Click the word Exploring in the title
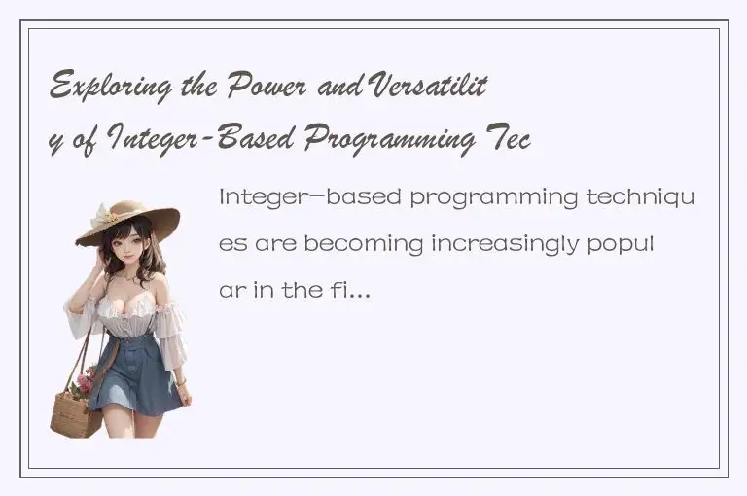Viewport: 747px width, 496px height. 107,89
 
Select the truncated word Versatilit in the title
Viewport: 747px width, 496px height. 438,89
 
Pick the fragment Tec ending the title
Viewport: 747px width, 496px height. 507,141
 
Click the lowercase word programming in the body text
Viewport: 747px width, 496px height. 494,197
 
